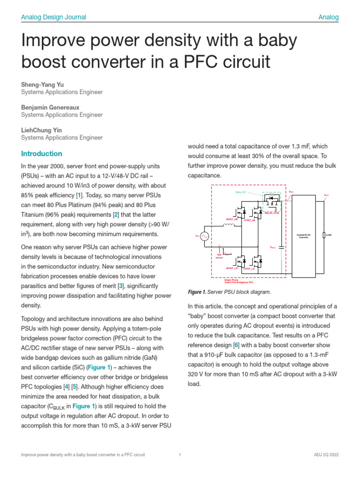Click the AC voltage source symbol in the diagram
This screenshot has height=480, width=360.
pyautogui.click(x=204, y=237)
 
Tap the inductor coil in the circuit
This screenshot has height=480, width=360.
pyautogui.click(x=229, y=225)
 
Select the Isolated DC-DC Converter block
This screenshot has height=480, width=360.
pyautogui.click(x=300, y=235)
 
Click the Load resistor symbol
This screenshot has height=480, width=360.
pyautogui.click(x=324, y=234)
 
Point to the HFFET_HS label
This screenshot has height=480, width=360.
pyautogui.click(x=232, y=219)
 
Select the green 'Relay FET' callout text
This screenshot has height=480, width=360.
pyautogui.click(x=241, y=193)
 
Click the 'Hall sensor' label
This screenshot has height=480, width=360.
pyautogui.click(x=219, y=256)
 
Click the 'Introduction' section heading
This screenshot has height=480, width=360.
pyautogui.click(x=41, y=154)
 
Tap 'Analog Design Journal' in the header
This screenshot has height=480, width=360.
pyautogui.click(x=53, y=17)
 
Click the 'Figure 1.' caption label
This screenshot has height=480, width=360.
pyautogui.click(x=197, y=292)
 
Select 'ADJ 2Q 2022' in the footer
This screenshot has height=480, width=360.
pyautogui.click(x=327, y=455)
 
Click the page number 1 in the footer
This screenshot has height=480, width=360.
pyautogui.click(x=180, y=455)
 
